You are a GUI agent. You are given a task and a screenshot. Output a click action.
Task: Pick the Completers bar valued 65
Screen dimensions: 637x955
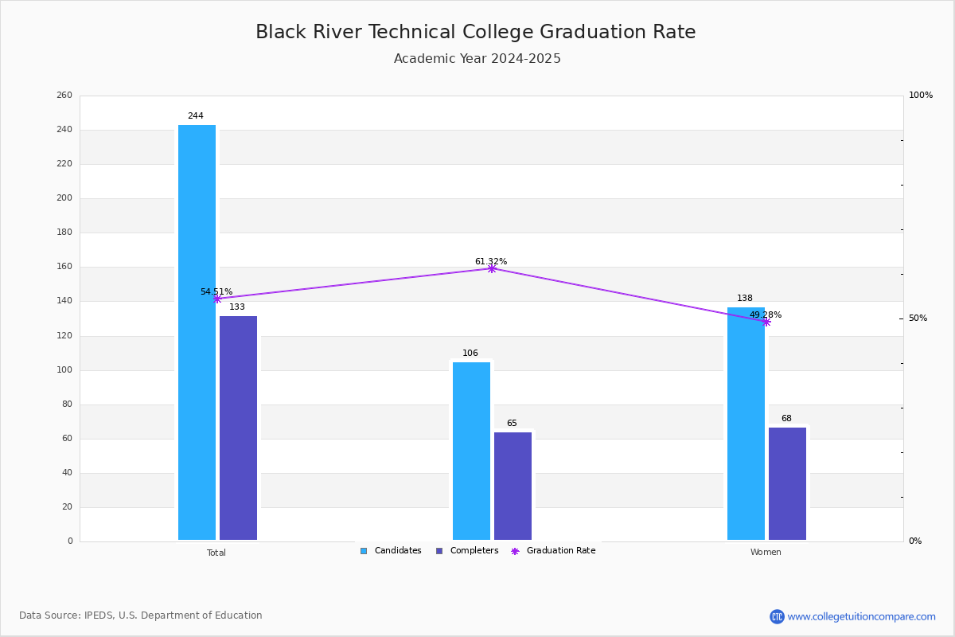point(513,487)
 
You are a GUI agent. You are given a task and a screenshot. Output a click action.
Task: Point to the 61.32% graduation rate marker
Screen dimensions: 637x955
point(492,268)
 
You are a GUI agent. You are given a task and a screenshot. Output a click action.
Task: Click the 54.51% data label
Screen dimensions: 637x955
point(216,292)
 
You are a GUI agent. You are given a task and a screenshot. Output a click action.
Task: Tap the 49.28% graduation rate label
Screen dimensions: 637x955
point(766,315)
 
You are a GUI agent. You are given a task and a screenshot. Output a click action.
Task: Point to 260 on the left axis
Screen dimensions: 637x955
point(64,96)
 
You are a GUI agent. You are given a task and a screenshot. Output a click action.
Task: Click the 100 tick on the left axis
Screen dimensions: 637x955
point(64,370)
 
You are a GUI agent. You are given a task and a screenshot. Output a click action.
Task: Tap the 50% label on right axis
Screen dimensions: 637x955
point(918,318)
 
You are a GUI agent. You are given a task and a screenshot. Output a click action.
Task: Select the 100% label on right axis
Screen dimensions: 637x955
point(921,96)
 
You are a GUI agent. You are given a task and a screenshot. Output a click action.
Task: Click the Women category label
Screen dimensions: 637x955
point(766,553)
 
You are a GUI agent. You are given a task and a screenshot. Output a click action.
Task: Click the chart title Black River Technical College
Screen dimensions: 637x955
point(476,32)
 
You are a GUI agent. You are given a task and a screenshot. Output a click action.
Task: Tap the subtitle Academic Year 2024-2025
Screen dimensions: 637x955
point(477,59)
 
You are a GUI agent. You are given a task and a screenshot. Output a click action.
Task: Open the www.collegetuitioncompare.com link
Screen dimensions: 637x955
point(861,616)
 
